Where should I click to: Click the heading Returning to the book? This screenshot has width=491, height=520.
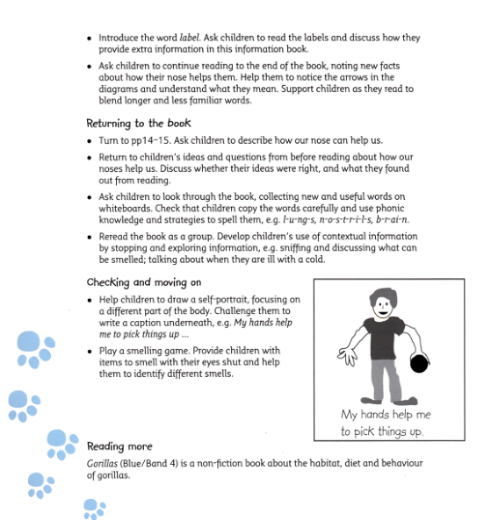[x=138, y=124]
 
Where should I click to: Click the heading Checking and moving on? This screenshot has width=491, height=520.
[x=144, y=282]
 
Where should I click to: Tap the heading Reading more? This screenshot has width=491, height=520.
[x=120, y=446]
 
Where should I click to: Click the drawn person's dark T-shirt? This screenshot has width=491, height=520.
[x=386, y=334]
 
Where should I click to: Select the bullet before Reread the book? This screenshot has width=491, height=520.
[x=90, y=236]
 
